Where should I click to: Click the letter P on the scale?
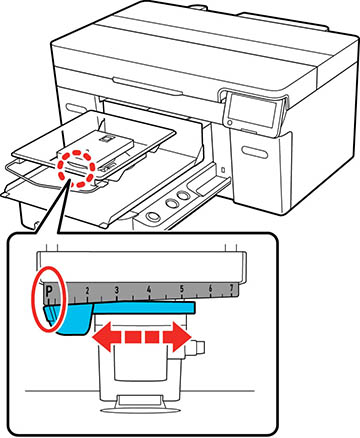click(49, 291)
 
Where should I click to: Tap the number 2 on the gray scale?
click(87, 291)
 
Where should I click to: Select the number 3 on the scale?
click(117, 290)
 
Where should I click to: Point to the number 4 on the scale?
click(149, 289)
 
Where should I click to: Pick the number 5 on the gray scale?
click(182, 289)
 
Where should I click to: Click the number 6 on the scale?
click(211, 288)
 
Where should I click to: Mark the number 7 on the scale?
click(232, 288)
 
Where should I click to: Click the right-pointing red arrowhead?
click(177, 337)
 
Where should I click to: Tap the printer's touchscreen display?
click(252, 111)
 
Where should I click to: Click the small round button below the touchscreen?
click(229, 123)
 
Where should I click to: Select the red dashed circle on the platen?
click(75, 169)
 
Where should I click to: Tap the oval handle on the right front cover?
click(255, 152)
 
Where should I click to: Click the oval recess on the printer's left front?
click(76, 109)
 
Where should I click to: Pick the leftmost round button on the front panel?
click(154, 215)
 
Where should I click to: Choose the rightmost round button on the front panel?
click(183, 195)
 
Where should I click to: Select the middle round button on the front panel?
click(171, 203)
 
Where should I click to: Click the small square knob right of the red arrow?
click(199, 348)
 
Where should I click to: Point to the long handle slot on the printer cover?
click(148, 86)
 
